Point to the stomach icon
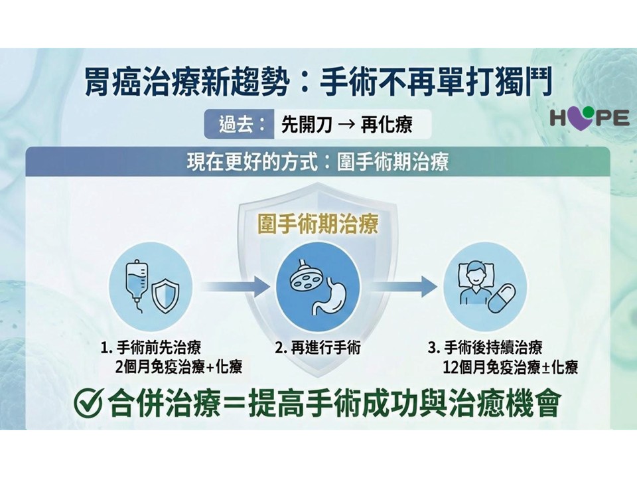point(330,296)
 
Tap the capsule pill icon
point(502,298)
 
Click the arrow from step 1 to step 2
point(235,287)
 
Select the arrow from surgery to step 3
point(403,287)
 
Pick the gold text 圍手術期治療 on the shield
point(318,224)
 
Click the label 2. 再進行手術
point(318,348)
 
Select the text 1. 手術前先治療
point(151,348)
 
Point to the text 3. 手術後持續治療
point(485,348)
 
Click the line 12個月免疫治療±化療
point(510,367)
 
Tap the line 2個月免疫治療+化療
point(178,367)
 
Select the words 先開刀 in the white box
point(307,124)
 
